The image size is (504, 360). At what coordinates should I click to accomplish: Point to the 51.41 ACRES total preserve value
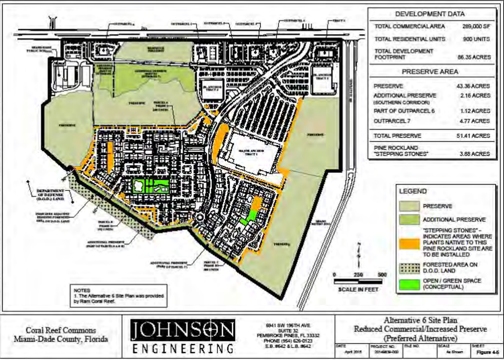(x=473, y=136)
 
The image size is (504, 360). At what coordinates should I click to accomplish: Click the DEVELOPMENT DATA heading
(x=430, y=14)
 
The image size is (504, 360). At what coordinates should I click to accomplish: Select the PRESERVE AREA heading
(x=430, y=72)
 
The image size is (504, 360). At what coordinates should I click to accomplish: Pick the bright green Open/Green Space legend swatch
(x=409, y=284)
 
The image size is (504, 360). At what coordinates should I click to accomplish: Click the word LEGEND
(x=413, y=192)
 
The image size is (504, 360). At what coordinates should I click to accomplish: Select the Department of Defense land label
(x=50, y=194)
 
